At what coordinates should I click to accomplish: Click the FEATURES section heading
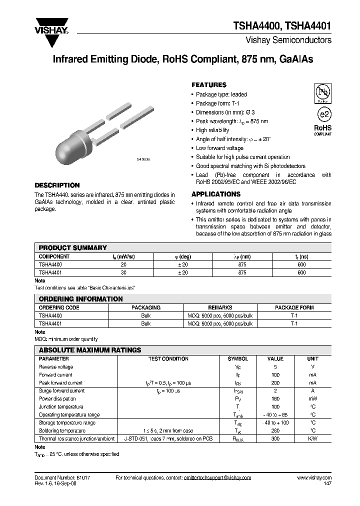(x=209, y=85)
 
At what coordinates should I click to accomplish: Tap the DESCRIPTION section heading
(x=57, y=185)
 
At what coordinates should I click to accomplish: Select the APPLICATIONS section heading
(x=216, y=194)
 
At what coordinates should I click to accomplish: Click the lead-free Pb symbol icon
(x=322, y=92)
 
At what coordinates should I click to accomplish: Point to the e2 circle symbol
(x=323, y=113)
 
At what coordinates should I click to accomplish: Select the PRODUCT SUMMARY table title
(x=73, y=247)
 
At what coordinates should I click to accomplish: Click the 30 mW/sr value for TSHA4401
(x=123, y=272)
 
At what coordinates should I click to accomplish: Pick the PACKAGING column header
(x=145, y=307)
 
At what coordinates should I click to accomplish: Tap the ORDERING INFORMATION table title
(x=80, y=299)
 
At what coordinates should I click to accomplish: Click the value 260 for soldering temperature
(x=275, y=430)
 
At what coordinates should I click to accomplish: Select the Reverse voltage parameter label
(x=56, y=366)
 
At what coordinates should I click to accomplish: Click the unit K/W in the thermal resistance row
(x=313, y=438)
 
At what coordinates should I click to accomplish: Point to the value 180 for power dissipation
(x=275, y=398)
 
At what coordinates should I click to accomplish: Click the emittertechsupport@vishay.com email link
(x=214, y=478)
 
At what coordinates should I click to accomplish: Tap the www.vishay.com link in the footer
(x=314, y=478)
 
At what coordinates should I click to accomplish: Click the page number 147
(x=327, y=484)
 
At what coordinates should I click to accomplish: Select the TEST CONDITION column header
(x=168, y=358)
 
